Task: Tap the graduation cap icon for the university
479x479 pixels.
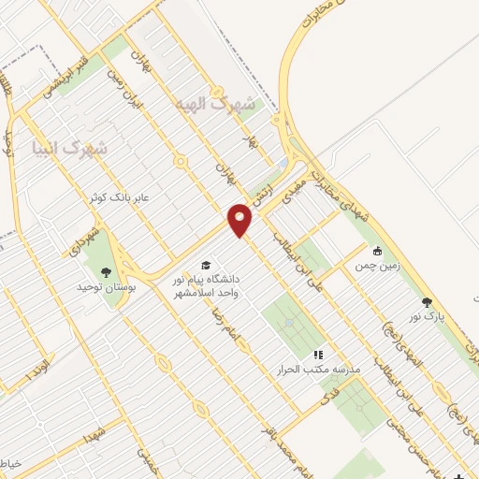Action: point(205,265)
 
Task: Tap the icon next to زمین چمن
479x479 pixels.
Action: point(377,251)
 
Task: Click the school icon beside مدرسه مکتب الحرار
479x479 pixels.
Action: point(318,356)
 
